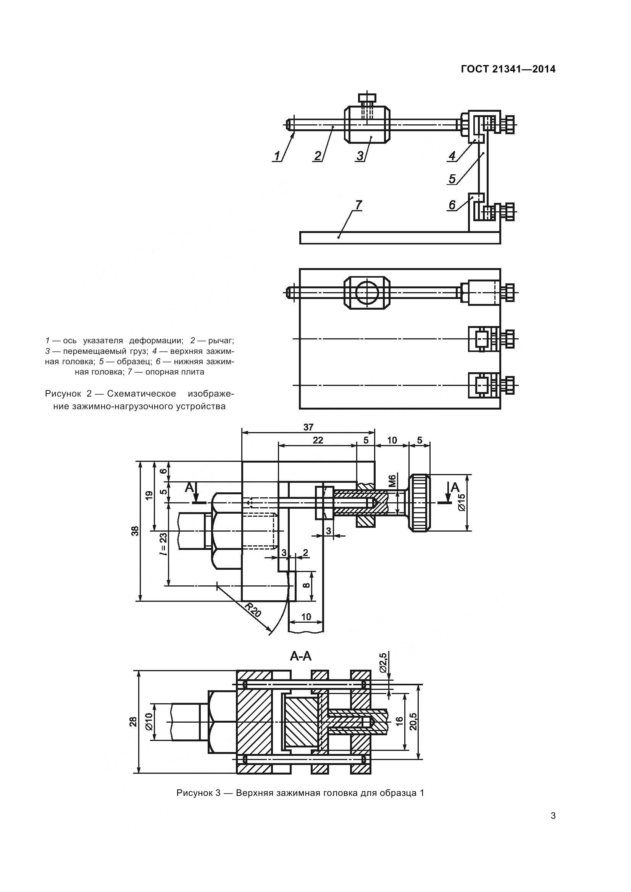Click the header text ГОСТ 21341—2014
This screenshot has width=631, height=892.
click(508, 69)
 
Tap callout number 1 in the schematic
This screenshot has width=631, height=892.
click(277, 156)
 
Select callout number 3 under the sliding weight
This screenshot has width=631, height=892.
click(360, 156)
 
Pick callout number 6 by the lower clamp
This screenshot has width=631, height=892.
click(452, 205)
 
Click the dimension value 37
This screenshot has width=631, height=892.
click(308, 428)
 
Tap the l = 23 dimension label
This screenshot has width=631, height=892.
click(163, 544)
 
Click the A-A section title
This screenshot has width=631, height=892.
click(300, 656)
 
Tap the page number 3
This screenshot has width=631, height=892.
click(553, 816)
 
